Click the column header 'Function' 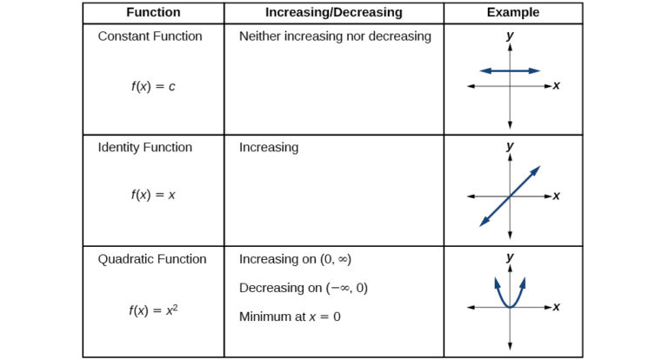click(x=153, y=12)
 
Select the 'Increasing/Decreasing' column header click(x=333, y=12)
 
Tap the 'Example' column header click(x=512, y=12)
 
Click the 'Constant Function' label click(x=150, y=37)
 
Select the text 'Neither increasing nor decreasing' click(x=335, y=37)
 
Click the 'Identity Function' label click(x=145, y=147)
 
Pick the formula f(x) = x click(x=153, y=195)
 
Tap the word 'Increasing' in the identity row click(x=269, y=147)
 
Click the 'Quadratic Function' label click(x=152, y=259)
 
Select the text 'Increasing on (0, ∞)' click(x=295, y=259)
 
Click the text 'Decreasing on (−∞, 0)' click(x=304, y=288)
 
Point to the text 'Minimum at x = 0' click(x=290, y=317)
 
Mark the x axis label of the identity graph click(x=556, y=196)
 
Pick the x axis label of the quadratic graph click(x=556, y=307)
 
